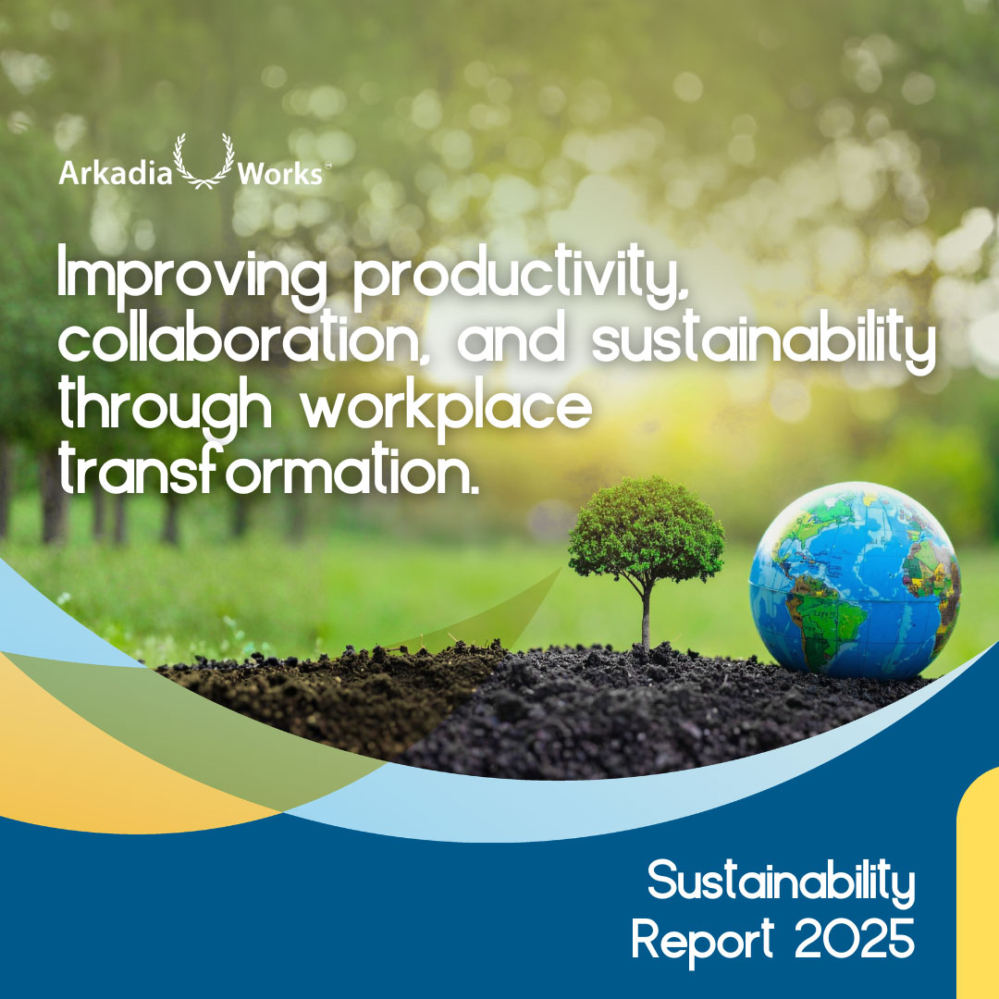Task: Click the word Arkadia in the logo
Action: (116, 173)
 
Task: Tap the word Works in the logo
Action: (279, 173)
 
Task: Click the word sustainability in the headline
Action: (764, 340)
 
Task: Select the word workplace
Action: (447, 408)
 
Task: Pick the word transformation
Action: (268, 469)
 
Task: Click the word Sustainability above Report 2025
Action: (781, 882)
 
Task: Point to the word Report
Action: (702, 939)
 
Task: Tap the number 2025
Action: (855, 938)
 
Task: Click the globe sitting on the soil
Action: (855, 580)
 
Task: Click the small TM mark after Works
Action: (327, 165)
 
